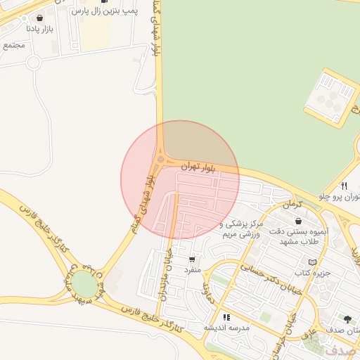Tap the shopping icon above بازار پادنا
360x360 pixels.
pyautogui.click(x=38, y=18)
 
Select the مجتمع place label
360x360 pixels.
pyautogui.click(x=13, y=46)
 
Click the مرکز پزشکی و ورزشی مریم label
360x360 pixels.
pyautogui.click(x=241, y=229)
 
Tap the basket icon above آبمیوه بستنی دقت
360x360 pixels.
pyautogui.click(x=299, y=221)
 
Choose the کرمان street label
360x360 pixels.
pyautogui.click(x=290, y=203)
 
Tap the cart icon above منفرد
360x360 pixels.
pyautogui.click(x=192, y=259)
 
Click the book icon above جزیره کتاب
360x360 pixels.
pyautogui.click(x=302, y=262)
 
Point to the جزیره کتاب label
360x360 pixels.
pyautogui.click(x=302, y=272)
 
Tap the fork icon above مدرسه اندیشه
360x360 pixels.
pyautogui.click(x=226, y=316)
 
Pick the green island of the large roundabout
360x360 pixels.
pyautogui.click(x=83, y=285)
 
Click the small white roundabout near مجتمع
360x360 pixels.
pyautogui.click(x=33, y=62)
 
